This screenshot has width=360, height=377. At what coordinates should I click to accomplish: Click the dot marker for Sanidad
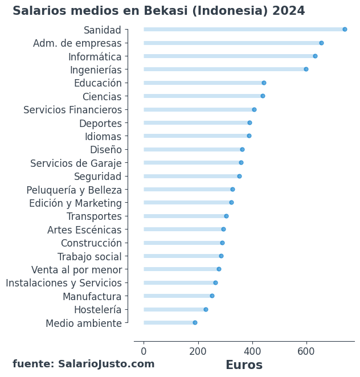(x=345, y=29)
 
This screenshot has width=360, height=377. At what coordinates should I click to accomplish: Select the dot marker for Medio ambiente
(x=195, y=322)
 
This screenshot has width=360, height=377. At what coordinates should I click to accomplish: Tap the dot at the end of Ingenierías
(x=306, y=69)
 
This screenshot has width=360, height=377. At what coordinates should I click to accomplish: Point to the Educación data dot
(x=264, y=83)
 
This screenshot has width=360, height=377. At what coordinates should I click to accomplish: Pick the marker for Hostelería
(x=206, y=309)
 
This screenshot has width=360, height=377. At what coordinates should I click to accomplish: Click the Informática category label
(x=95, y=56)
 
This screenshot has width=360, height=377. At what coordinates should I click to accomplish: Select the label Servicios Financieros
(x=72, y=110)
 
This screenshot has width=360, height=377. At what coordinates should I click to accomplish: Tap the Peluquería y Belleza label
(x=74, y=190)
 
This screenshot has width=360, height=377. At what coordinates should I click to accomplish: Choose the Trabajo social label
(x=89, y=256)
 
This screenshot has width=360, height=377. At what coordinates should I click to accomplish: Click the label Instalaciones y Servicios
(x=64, y=283)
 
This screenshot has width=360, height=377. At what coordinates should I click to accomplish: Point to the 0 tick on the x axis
(x=144, y=351)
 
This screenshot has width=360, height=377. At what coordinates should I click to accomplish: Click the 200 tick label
(x=198, y=351)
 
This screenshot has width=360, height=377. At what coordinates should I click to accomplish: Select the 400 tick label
(x=252, y=351)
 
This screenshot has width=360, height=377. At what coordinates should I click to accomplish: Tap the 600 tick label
(x=306, y=351)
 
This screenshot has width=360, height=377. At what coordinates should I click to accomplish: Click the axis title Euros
(x=244, y=365)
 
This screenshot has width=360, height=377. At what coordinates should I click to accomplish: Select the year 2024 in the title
(x=289, y=11)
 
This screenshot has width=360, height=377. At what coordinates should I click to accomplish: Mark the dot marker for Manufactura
(x=212, y=296)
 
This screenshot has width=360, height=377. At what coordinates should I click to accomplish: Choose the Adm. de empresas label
(x=77, y=43)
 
